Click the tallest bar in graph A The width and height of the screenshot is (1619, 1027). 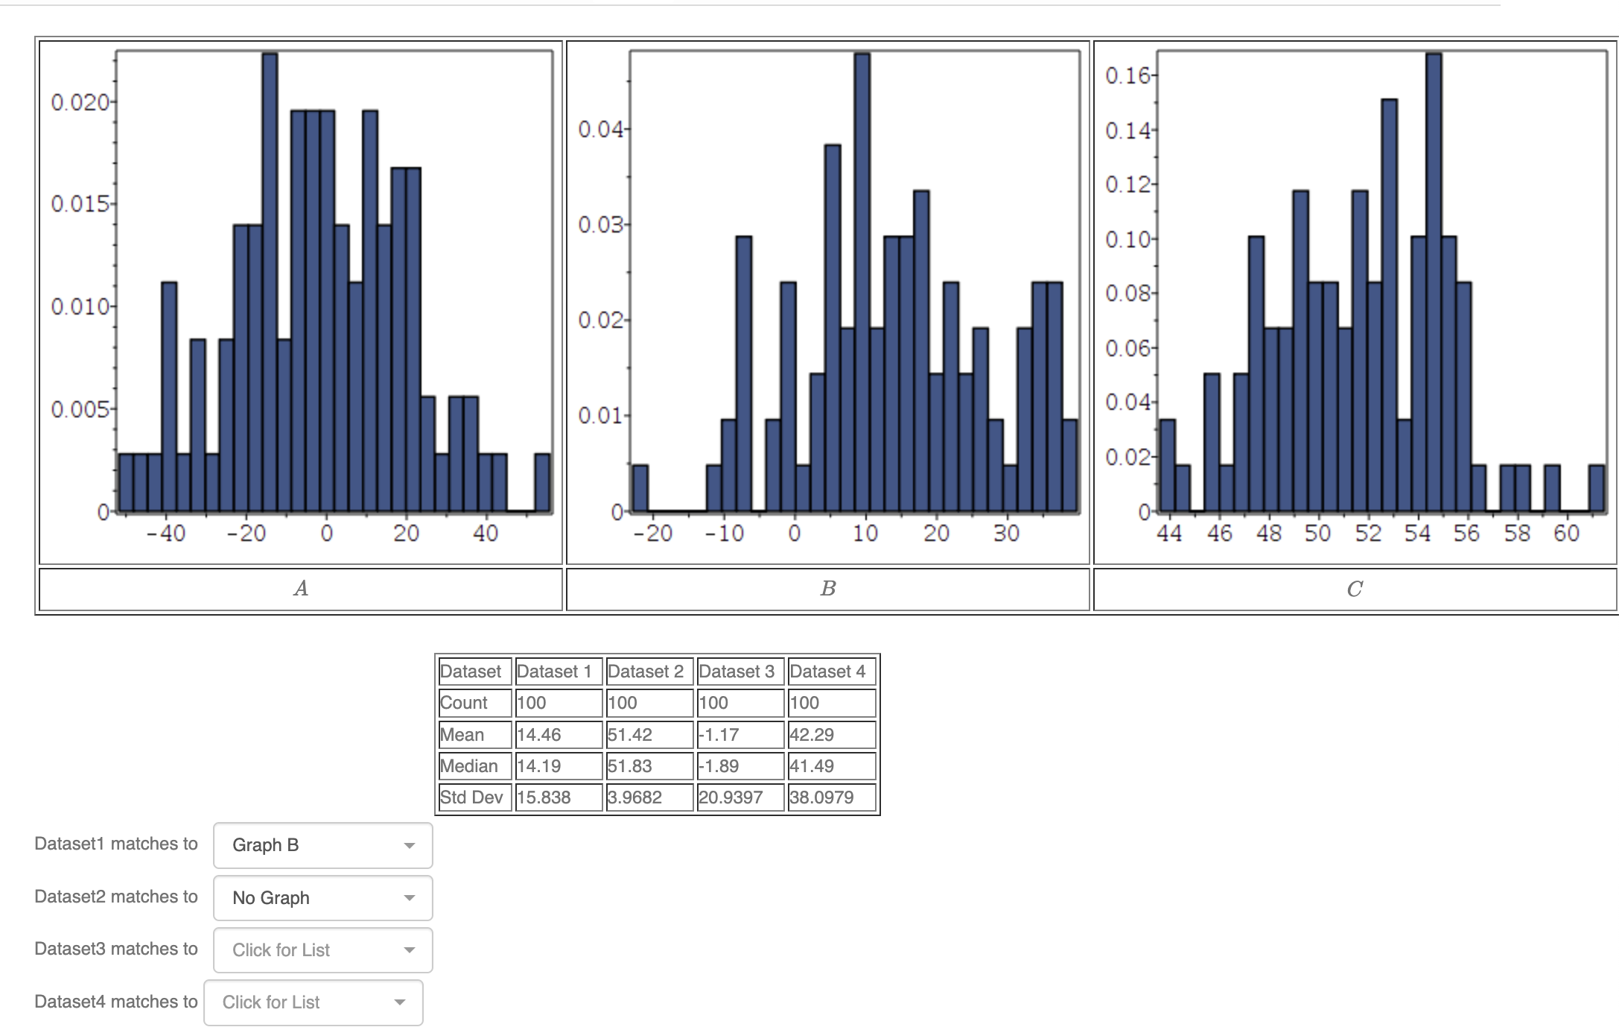(x=270, y=283)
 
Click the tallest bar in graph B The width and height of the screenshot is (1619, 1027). (x=862, y=283)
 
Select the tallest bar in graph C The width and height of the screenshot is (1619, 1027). (x=1433, y=283)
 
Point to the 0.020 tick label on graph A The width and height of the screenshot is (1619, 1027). (x=80, y=102)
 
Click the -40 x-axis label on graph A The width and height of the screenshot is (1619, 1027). (x=166, y=534)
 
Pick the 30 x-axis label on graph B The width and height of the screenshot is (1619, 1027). (x=1005, y=534)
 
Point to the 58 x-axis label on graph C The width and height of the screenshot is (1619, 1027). (x=1516, y=534)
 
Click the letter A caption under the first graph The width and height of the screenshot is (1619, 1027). (x=301, y=589)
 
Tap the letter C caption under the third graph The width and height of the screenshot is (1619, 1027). (x=1354, y=589)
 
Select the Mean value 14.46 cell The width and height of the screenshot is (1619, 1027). (x=558, y=735)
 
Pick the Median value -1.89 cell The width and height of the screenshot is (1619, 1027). (x=739, y=766)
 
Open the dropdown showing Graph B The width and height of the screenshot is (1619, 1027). (x=322, y=845)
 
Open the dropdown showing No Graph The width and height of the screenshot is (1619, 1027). (x=322, y=898)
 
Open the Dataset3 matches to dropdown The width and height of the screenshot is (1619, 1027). (x=322, y=950)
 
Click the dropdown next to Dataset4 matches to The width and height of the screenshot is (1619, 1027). (x=313, y=1002)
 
